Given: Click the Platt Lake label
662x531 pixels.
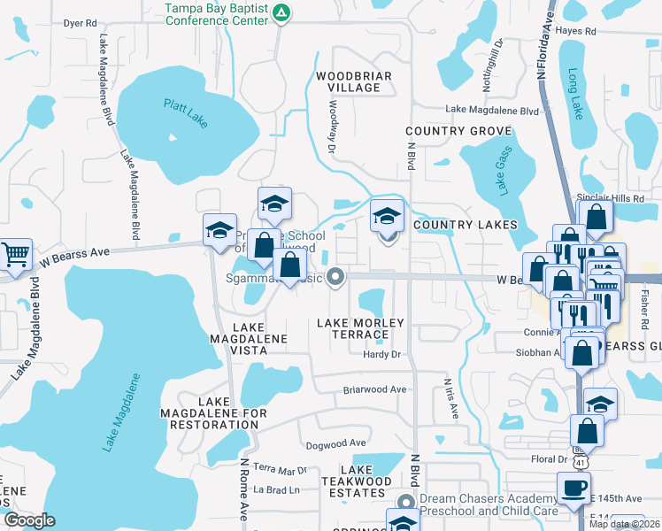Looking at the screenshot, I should click(185, 113).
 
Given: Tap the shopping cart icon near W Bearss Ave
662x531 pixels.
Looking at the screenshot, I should click(14, 255).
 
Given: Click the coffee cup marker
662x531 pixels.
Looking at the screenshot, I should click(573, 488).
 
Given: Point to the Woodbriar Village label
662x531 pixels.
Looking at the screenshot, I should click(354, 82).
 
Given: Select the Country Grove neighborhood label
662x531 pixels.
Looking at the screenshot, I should click(446, 131).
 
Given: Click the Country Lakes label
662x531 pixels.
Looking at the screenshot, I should click(465, 225).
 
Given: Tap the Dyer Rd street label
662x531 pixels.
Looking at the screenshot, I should click(80, 24).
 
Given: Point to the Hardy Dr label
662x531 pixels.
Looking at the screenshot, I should click(382, 354).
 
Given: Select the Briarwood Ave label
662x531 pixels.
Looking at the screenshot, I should click(374, 389).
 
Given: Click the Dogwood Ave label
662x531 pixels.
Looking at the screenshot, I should click(335, 442).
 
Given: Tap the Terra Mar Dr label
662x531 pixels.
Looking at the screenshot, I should click(280, 469).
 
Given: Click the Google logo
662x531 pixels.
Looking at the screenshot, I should click(29, 520).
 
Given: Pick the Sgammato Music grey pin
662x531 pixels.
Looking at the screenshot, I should click(335, 278).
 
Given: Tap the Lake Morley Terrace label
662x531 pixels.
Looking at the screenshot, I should click(360, 328).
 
